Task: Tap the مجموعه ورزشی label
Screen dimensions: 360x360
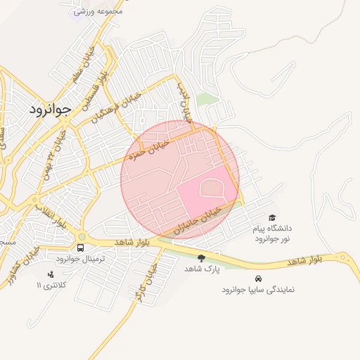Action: tap(99, 11)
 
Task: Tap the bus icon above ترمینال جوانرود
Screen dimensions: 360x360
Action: tap(80, 248)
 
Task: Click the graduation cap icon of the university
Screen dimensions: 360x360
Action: tap(272, 217)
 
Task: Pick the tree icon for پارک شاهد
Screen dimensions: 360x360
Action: tap(202, 258)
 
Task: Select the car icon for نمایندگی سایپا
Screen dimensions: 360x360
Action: tap(258, 278)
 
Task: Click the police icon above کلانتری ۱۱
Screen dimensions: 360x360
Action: tap(49, 274)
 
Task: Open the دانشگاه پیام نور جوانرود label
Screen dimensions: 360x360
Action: tap(272, 233)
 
